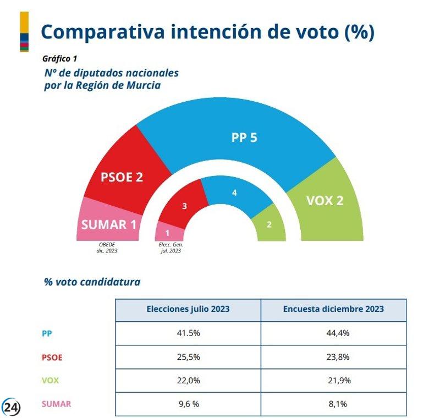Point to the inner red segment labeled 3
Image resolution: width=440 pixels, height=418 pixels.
185,207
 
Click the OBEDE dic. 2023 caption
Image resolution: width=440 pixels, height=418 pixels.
108,248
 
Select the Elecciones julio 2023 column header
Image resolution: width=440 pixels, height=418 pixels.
188,309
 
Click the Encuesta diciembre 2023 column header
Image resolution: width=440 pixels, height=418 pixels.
333,309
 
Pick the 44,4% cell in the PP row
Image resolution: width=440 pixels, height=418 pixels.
333,333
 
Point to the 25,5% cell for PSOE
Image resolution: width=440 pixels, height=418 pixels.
188,357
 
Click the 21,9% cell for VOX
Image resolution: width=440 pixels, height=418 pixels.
333,381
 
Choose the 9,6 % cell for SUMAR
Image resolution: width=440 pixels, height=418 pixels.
188,404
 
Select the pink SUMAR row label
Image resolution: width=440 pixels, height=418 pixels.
56,404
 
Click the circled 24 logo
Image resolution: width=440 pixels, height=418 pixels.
12,406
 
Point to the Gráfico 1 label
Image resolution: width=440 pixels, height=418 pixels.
59,58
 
